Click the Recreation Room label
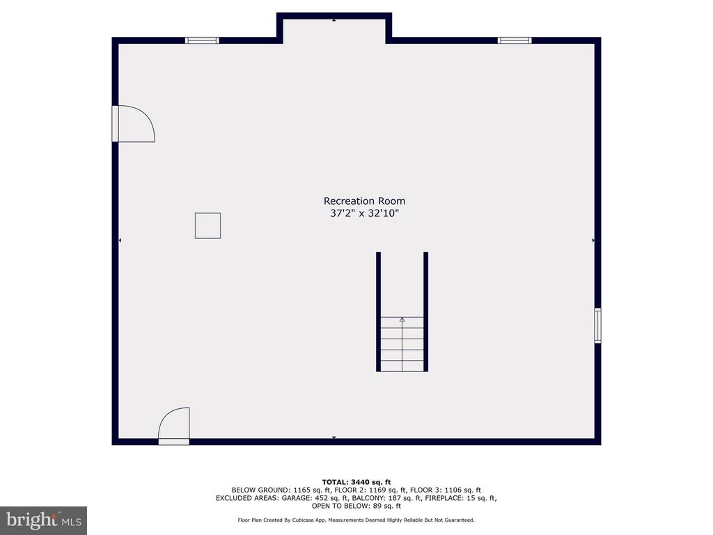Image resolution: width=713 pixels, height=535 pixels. tap(364, 201)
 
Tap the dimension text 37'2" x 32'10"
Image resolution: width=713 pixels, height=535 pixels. tap(364, 213)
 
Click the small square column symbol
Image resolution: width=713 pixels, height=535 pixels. tap(207, 226)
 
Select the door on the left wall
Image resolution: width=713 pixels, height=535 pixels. tap(134, 123)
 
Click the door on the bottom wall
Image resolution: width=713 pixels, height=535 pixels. tap(173, 426)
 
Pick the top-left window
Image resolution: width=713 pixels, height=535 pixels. tap(202, 40)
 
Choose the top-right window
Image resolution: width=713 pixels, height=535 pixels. tap(515, 40)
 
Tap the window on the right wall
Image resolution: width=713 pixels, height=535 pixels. tap(597, 325)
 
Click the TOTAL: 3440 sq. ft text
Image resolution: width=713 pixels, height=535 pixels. tap(356, 482)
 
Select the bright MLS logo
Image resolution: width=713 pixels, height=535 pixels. tap(43, 520)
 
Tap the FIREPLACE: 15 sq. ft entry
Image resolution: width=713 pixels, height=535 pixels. tap(461, 498)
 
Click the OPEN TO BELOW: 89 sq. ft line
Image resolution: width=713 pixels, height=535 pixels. tap(356, 506)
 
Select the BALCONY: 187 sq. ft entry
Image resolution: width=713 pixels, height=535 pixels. tap(387, 498)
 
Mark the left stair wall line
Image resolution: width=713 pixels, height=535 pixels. tap(378, 311)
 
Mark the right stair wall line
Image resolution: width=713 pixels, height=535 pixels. tap(425, 311)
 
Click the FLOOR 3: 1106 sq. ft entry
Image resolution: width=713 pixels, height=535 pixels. tap(445, 490)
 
